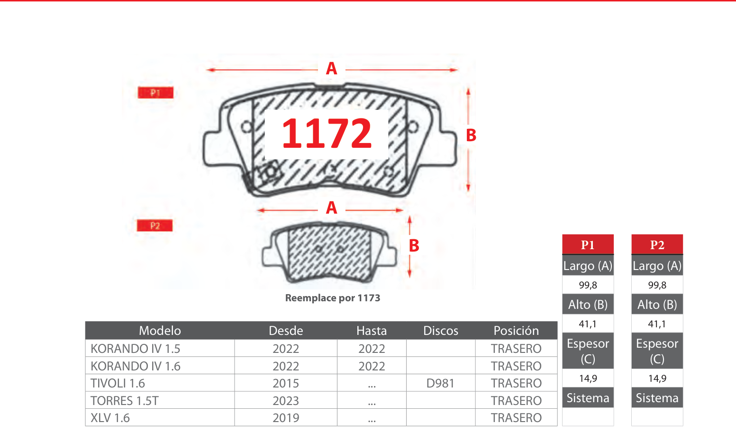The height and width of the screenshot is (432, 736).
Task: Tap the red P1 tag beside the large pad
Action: pyautogui.click(x=155, y=93)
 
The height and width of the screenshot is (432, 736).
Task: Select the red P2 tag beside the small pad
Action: pyautogui.click(x=154, y=225)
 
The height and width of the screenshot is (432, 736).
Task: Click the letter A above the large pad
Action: pyautogui.click(x=331, y=69)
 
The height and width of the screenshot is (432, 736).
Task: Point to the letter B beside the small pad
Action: pyautogui.click(x=414, y=245)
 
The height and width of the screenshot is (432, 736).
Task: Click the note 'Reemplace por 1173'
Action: pyautogui.click(x=333, y=298)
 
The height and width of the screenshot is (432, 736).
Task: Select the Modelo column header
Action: pyautogui.click(x=160, y=331)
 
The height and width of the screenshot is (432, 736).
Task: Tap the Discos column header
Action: pyautogui.click(x=441, y=331)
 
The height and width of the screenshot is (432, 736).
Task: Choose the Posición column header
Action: pyautogui.click(x=516, y=331)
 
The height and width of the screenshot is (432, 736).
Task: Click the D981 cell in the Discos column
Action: pyautogui.click(x=440, y=383)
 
